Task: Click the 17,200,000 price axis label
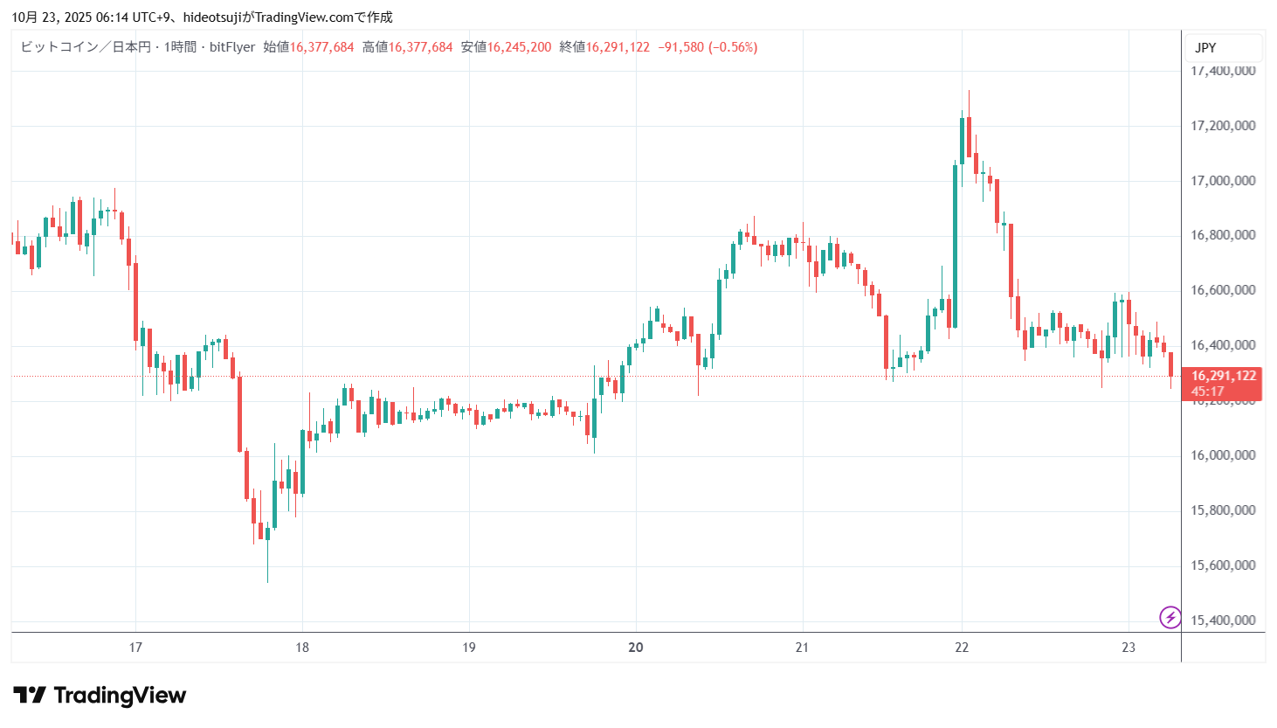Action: pos(1223,126)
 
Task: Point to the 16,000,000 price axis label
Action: pos(1223,455)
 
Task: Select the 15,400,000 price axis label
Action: pos(1223,621)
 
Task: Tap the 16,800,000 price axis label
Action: pos(1223,235)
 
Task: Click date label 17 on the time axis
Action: pos(135,648)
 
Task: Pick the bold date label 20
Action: pos(636,648)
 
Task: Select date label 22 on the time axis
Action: pos(962,648)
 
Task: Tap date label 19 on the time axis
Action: pos(469,648)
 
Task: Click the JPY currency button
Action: pos(1206,48)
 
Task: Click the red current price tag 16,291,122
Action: pos(1224,376)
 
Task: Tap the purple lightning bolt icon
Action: pos(1170,618)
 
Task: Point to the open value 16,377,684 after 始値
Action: pos(321,47)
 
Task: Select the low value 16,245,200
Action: pos(519,47)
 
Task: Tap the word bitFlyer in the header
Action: pos(232,47)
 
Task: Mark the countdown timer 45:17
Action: pos(1207,392)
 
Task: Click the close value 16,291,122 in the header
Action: pos(618,47)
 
